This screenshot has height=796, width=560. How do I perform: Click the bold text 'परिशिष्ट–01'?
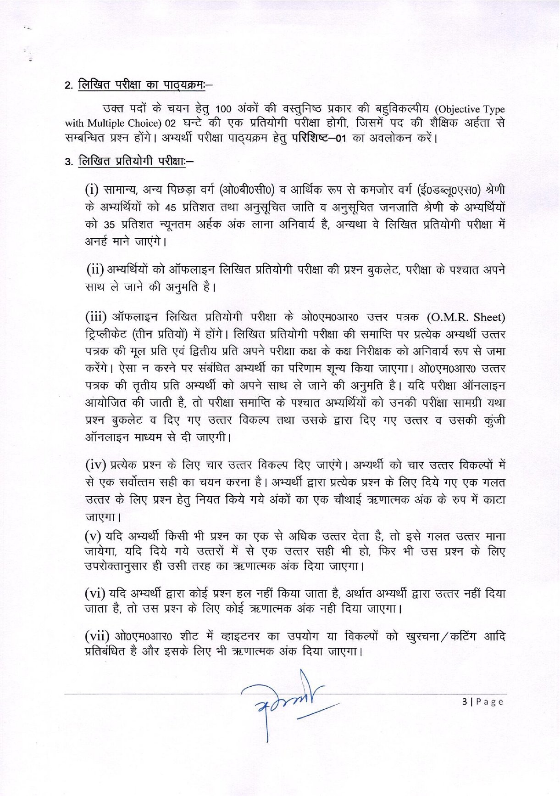point(318,138)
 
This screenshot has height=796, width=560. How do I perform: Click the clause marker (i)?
point(92,189)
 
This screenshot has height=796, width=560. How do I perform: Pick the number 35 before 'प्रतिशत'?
point(109,225)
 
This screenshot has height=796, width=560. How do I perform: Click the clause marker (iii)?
point(96,317)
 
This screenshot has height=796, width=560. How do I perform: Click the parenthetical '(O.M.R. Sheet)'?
point(466,317)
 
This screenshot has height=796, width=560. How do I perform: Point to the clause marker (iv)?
point(96,465)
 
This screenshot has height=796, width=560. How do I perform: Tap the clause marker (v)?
point(93,536)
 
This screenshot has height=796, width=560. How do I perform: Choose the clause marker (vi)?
point(95,594)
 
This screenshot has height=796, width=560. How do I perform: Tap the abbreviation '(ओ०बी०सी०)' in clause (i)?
point(247,189)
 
